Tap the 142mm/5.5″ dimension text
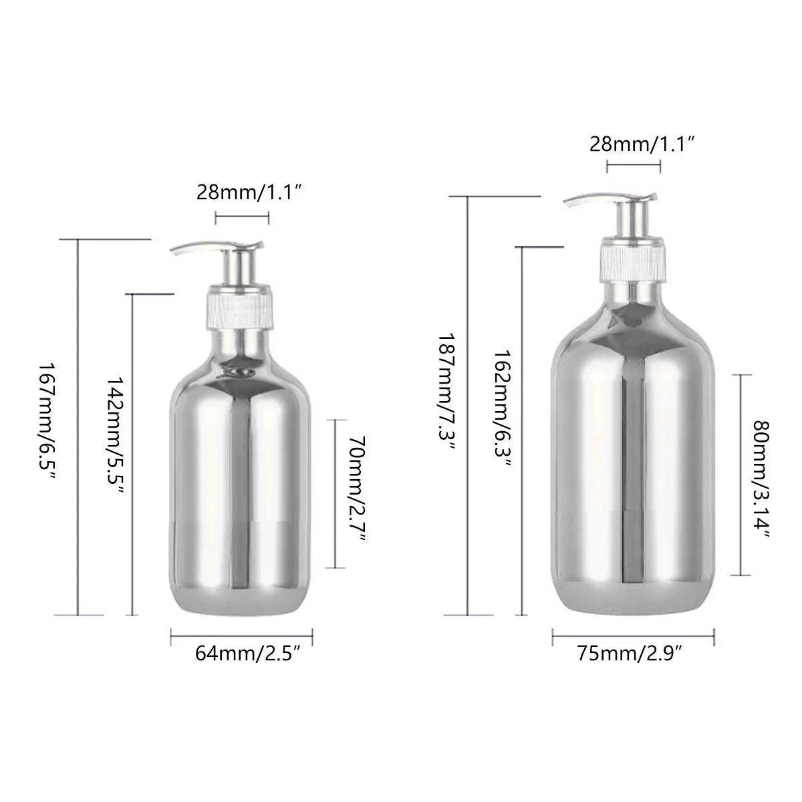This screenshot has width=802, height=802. (115, 435)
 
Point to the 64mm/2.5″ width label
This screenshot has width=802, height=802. (248, 654)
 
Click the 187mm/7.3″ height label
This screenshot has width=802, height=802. (446, 392)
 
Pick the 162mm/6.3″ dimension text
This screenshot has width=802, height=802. (503, 408)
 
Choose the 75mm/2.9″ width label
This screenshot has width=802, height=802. (630, 654)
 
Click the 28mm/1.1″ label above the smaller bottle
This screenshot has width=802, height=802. (249, 193)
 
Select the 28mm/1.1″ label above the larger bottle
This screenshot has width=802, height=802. (642, 144)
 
